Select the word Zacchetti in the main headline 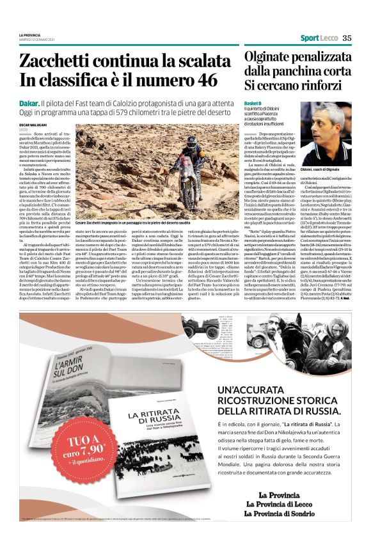[59, 61]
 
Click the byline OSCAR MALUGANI [33, 124]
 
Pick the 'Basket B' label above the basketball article [252, 103]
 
